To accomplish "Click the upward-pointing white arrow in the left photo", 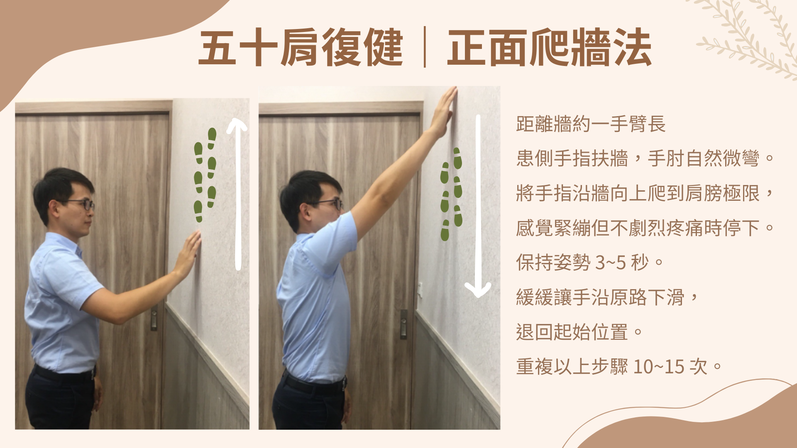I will click(x=238, y=195).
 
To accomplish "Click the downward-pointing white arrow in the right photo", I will click(x=478, y=207).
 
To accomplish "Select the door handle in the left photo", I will click(x=154, y=318).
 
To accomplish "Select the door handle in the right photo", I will click(x=403, y=324).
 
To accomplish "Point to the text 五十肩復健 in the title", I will click(x=301, y=48).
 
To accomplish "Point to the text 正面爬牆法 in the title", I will click(x=549, y=48).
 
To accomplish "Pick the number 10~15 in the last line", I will click(x=659, y=367).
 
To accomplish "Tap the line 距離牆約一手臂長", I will click(x=590, y=124).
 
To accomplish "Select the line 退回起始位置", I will click(x=572, y=332).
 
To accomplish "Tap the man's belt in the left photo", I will click(x=64, y=374).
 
